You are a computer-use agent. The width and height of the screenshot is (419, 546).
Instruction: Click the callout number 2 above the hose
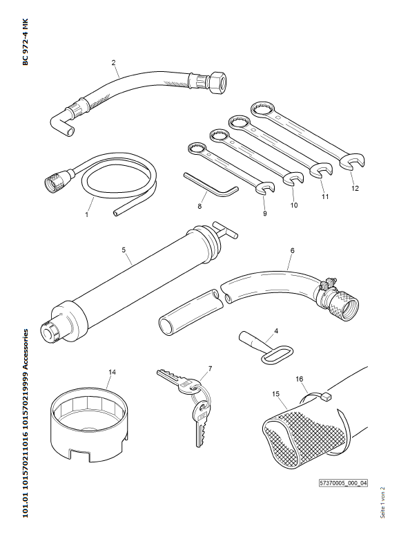pyautogui.click(x=113, y=63)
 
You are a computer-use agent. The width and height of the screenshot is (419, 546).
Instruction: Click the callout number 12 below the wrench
pyautogui.click(x=355, y=189)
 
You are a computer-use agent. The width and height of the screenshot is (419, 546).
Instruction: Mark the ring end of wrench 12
pyautogui.click(x=263, y=110)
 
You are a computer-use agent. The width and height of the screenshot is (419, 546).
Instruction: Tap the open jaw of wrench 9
pyautogui.click(x=265, y=188)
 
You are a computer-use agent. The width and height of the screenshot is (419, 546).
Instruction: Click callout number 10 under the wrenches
pyautogui.click(x=294, y=205)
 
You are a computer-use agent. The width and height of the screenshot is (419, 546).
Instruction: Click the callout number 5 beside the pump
pyautogui.click(x=124, y=250)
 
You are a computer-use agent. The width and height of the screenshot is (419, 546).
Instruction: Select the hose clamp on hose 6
pyautogui.click(x=327, y=290)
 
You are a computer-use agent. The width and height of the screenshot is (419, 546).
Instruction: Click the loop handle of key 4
pyautogui.click(x=277, y=355)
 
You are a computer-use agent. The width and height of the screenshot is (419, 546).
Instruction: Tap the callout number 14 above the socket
pyautogui.click(x=112, y=373)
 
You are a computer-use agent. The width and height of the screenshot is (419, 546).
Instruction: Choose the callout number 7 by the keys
pyautogui.click(x=210, y=369)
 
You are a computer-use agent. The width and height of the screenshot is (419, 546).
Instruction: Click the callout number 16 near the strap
pyautogui.click(x=300, y=379)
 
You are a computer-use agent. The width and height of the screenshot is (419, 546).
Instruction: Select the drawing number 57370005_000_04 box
pyautogui.click(x=343, y=483)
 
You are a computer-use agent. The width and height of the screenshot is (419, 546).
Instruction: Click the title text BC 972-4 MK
pyautogui.click(x=26, y=41)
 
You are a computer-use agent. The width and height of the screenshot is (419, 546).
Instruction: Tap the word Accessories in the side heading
pyautogui.click(x=26, y=350)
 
